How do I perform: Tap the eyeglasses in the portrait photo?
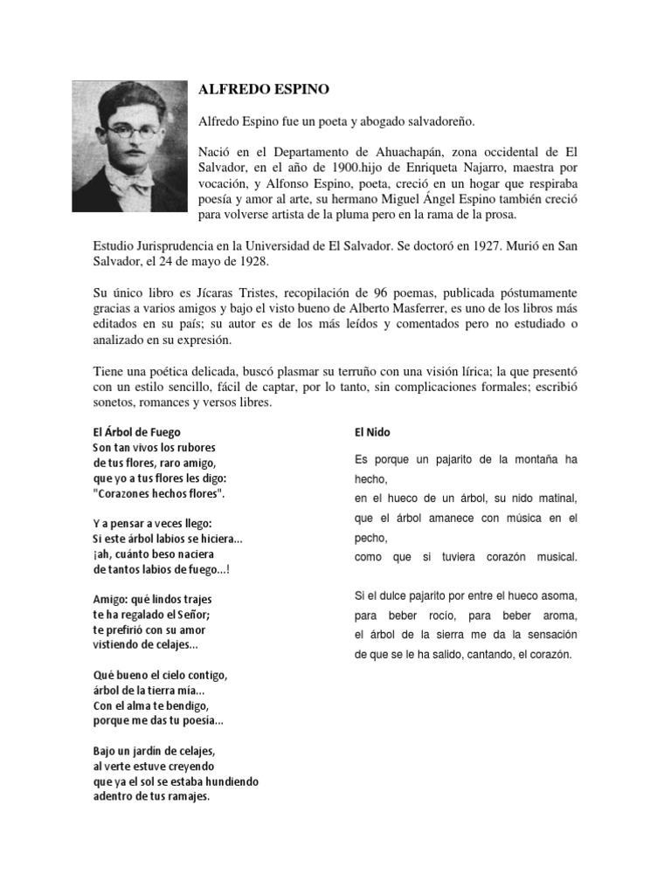coord(133,132)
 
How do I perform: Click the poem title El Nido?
coord(370,431)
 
